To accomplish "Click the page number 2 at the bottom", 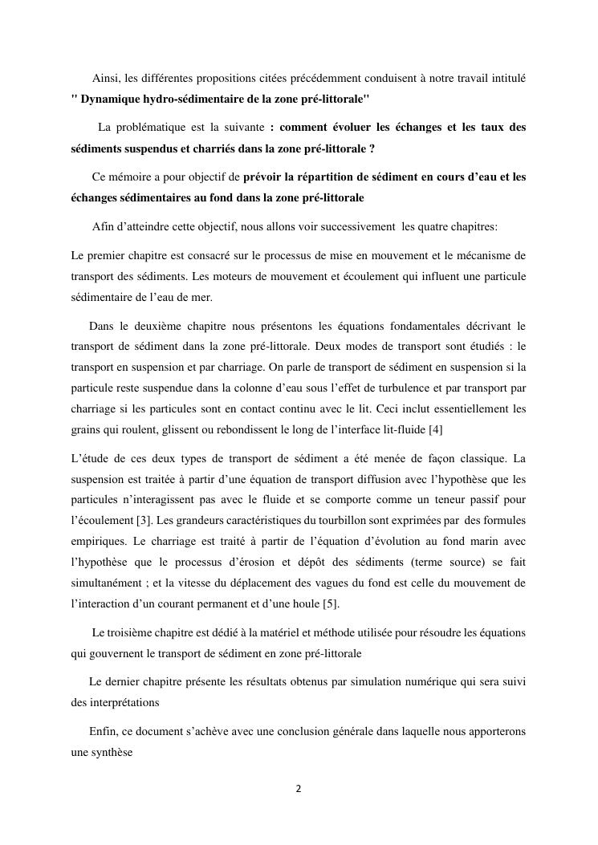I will [299, 788].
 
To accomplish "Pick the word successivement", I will [356, 226].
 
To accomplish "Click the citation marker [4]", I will [436, 429].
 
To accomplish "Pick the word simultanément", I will [104, 583].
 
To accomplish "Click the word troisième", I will [134, 632].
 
